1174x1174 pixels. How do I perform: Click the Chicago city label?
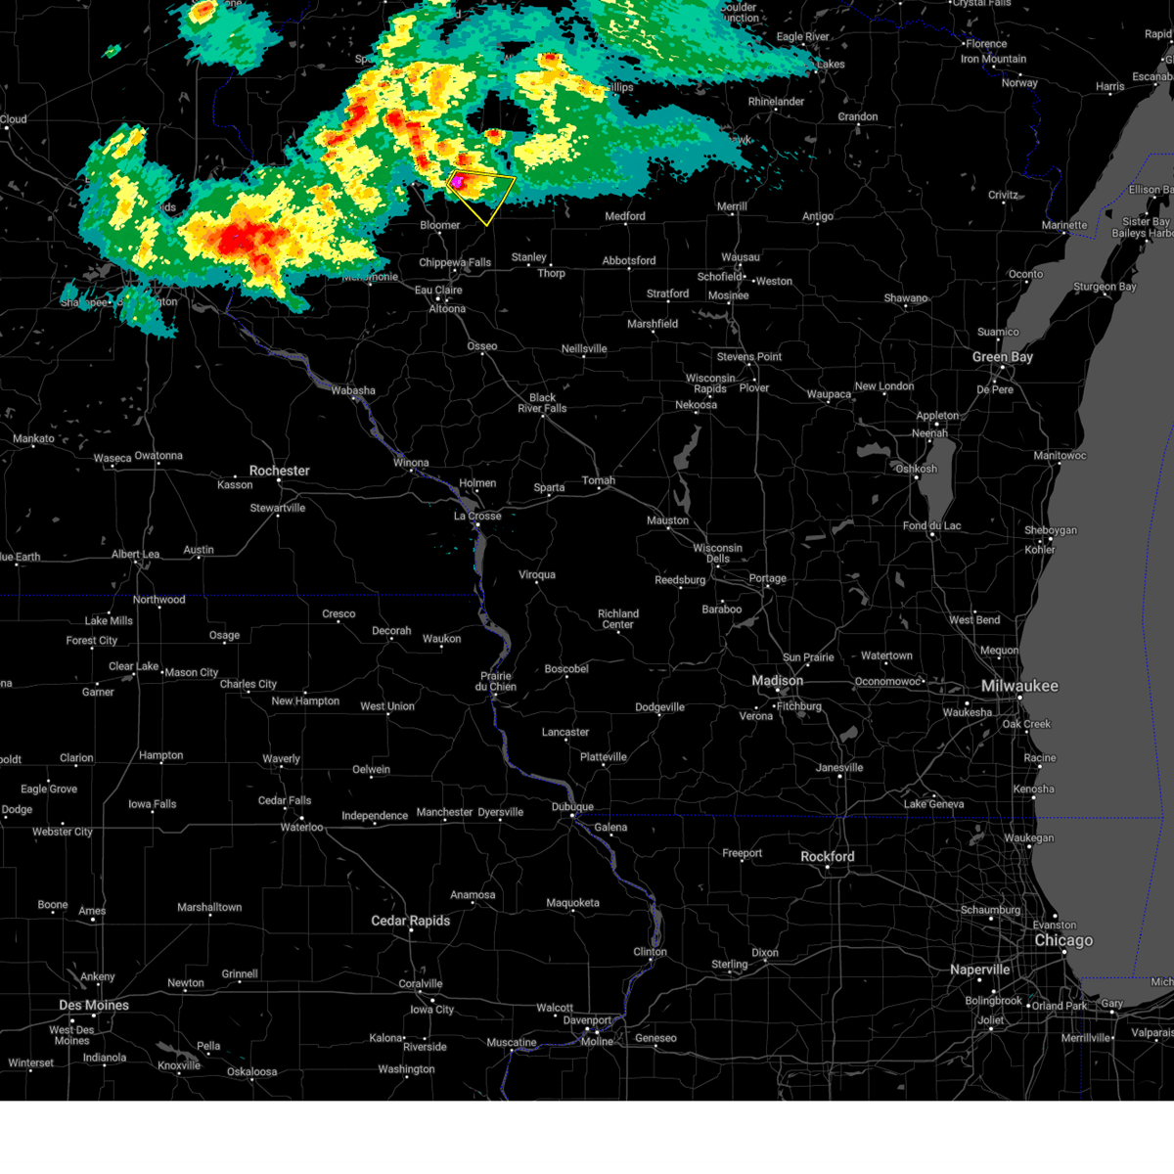coord(1063,940)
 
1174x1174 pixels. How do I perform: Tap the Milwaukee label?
coord(1019,686)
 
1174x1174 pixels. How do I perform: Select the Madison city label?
coord(777,681)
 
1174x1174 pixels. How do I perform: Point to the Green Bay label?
coord(1003,357)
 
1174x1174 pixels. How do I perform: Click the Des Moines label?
coord(94,1006)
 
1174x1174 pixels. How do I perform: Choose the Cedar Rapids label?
coord(411,921)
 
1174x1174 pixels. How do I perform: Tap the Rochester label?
coord(279,471)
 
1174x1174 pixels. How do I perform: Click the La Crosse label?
coord(477,516)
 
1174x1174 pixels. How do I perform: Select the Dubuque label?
coord(572,807)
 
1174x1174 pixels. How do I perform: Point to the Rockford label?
coord(828,856)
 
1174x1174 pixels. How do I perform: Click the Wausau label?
coord(741,257)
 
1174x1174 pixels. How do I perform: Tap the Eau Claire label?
coord(438,291)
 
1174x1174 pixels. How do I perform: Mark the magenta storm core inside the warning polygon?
coord(456,181)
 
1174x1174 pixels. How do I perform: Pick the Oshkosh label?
coord(917,469)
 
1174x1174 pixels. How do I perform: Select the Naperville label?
coord(979,970)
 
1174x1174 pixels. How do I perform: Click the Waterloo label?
coord(301,828)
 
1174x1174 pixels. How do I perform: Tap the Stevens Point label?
coord(749,357)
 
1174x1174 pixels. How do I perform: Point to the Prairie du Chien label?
coord(496,681)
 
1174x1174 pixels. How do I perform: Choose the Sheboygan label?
coord(1051,530)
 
